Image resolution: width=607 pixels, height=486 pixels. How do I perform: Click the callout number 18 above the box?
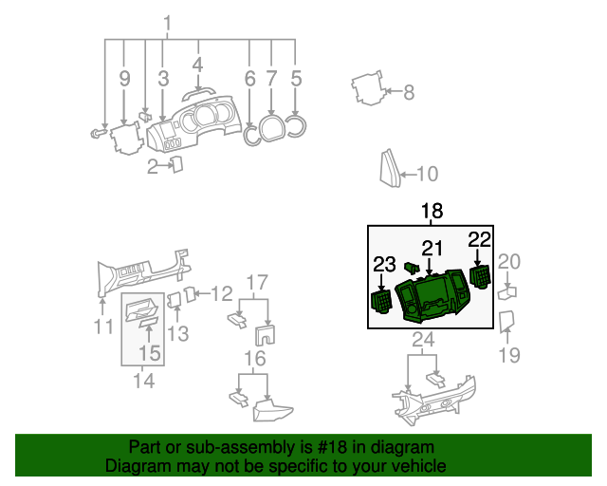click(432, 212)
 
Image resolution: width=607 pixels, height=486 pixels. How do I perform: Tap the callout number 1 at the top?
click(168, 24)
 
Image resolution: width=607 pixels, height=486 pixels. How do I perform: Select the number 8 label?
click(409, 92)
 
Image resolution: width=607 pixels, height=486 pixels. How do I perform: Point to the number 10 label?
click(428, 174)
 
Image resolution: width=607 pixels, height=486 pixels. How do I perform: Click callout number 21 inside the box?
click(432, 249)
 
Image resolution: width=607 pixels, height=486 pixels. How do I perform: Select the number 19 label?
click(509, 356)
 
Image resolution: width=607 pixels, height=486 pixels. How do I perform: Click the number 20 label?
click(509, 261)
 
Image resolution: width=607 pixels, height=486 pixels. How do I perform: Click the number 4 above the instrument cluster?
click(197, 65)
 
